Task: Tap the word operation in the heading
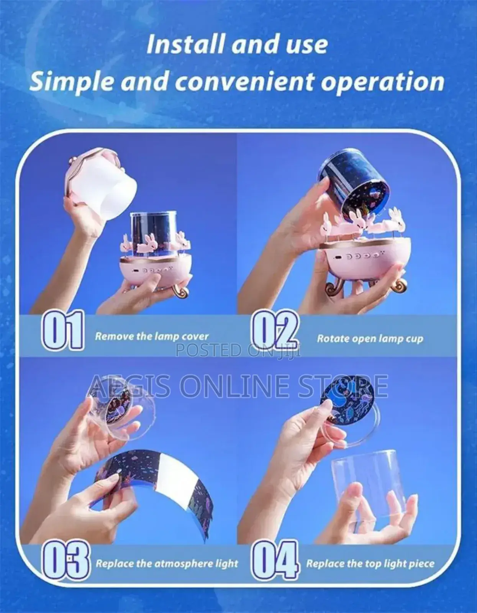tap(382, 82)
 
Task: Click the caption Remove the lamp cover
tap(152, 336)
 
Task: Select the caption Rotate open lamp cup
tap(370, 339)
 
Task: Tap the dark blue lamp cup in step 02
tap(351, 184)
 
